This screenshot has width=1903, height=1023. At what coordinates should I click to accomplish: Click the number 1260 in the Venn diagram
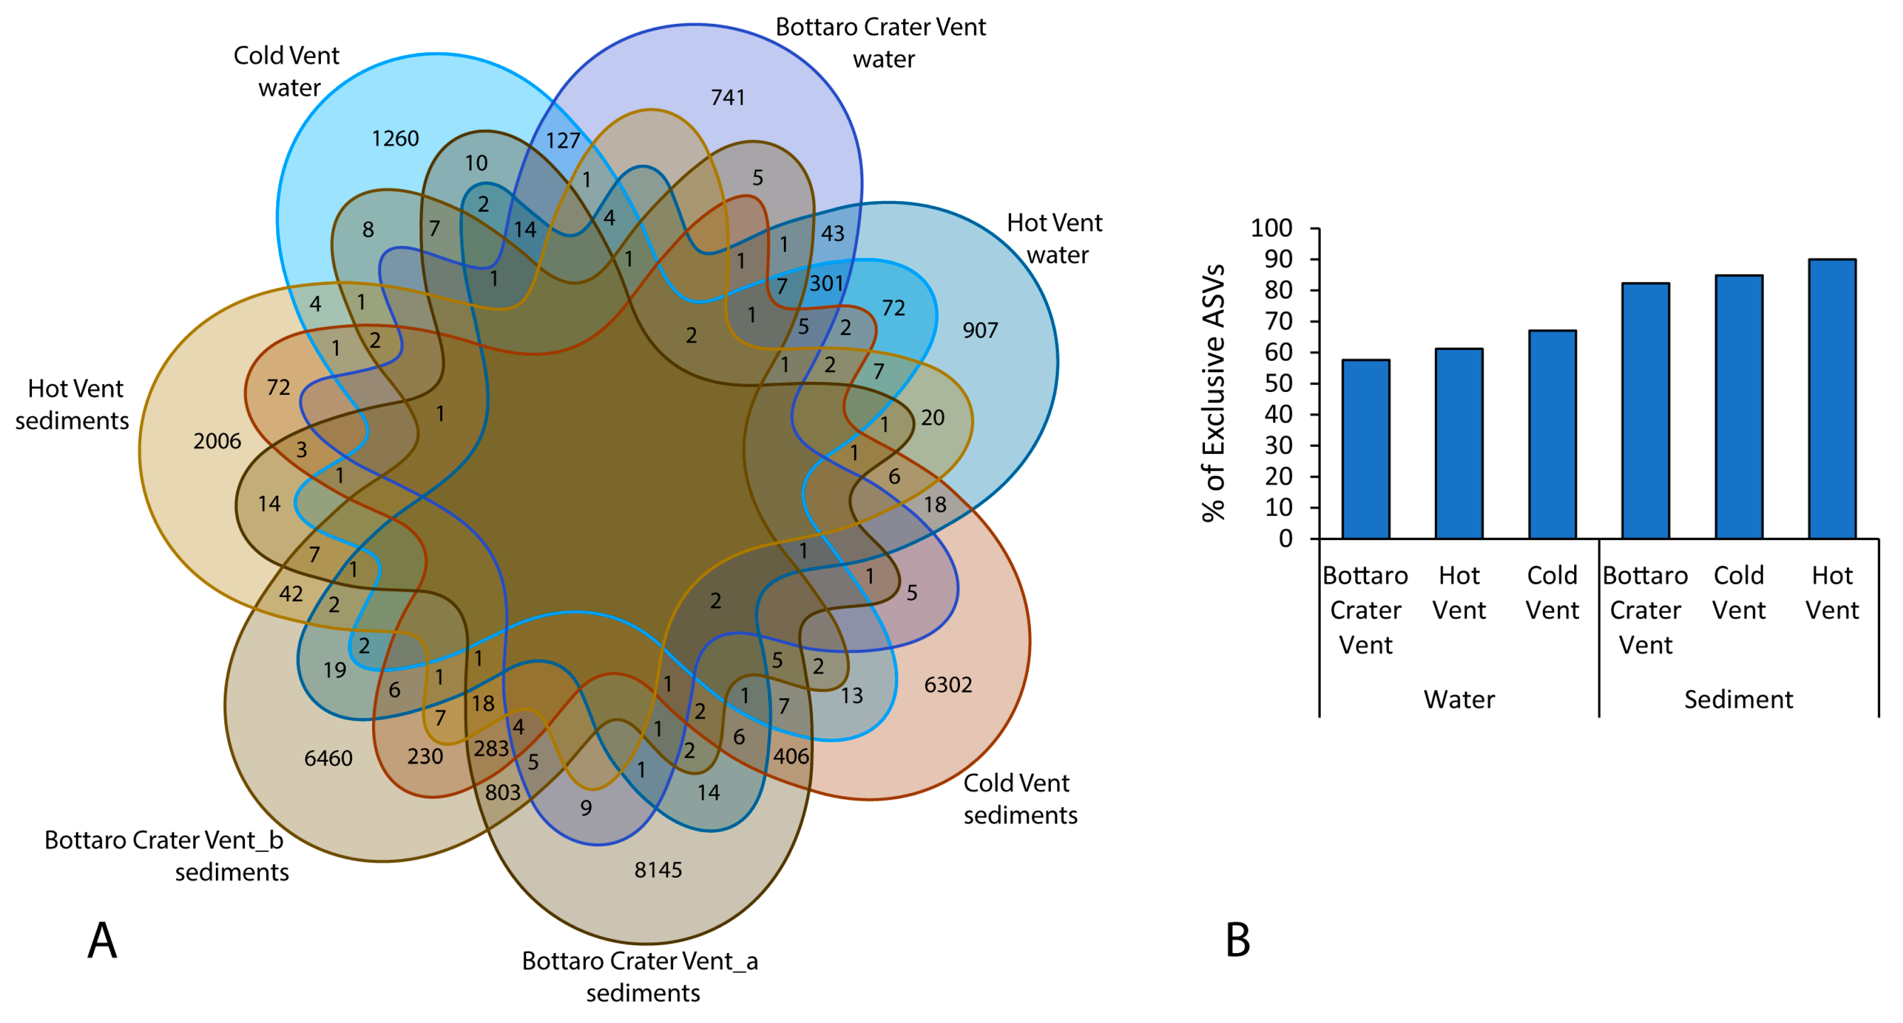(x=395, y=139)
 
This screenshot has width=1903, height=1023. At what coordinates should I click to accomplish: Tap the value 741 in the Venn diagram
(x=728, y=98)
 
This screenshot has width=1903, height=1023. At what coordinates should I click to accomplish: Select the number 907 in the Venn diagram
(x=980, y=330)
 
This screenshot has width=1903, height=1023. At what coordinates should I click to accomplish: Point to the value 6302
(x=948, y=684)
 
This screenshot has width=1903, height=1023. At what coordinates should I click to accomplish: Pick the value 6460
(x=328, y=758)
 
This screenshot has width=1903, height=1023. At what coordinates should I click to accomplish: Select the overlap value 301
(x=827, y=283)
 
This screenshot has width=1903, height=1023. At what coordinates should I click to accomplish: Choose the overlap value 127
(x=563, y=140)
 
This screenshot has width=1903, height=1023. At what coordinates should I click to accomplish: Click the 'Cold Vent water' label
(x=287, y=72)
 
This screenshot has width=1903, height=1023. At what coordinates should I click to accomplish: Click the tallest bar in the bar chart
(x=1832, y=399)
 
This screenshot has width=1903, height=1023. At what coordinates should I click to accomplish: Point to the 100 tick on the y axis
(x=1271, y=228)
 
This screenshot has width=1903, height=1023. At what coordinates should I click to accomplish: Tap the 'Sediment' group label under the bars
(x=1738, y=699)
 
